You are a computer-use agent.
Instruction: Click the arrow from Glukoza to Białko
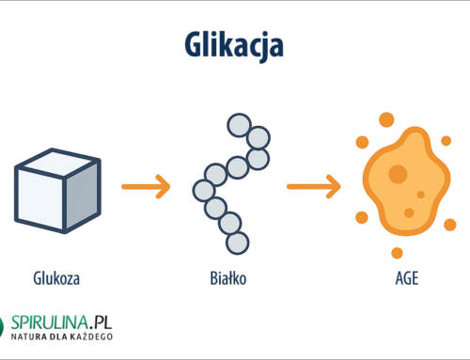pos(146,187)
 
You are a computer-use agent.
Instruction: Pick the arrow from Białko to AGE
pos(311,187)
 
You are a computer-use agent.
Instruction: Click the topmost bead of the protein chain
pos(239,126)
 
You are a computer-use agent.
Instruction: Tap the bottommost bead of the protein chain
pos(240,243)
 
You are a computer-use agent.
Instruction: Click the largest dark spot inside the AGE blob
pos(398,174)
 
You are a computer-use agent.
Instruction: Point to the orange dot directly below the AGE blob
pos(398,252)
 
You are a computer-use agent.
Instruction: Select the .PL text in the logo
pos(100,321)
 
